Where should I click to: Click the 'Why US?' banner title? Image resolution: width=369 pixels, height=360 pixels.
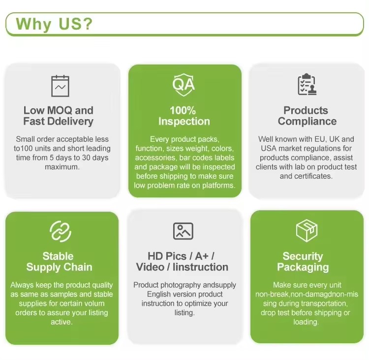pyautogui.click(x=54, y=24)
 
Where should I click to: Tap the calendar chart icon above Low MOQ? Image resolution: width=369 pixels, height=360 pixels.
pyautogui.click(x=61, y=86)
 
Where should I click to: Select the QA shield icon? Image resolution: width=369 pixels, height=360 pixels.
pyautogui.click(x=184, y=84)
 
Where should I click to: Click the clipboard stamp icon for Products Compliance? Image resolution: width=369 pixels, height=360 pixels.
pyautogui.click(x=307, y=85)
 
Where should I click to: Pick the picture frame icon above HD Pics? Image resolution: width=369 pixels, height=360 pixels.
pyautogui.click(x=183, y=231)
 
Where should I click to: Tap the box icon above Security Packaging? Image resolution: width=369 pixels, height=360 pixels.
pyautogui.click(x=307, y=230)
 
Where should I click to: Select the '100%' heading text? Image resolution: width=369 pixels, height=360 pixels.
pyautogui.click(x=183, y=110)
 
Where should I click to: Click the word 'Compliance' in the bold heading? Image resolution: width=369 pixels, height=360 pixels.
pyautogui.click(x=307, y=121)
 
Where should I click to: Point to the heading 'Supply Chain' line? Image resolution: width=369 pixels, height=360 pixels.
pyautogui.click(x=59, y=267)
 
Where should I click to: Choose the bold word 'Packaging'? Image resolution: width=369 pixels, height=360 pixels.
pyautogui.click(x=303, y=267)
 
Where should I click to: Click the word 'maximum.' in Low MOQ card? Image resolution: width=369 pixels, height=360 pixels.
pyautogui.click(x=61, y=167)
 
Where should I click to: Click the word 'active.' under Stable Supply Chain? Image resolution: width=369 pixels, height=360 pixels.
pyautogui.click(x=61, y=322)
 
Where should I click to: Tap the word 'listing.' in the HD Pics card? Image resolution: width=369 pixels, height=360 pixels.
pyautogui.click(x=184, y=313)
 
